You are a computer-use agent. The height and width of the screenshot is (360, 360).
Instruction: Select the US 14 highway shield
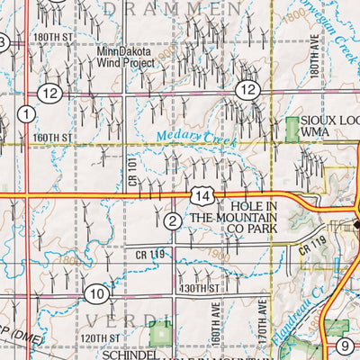[x=202, y=195]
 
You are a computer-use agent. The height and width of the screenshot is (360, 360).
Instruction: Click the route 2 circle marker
[x=173, y=220]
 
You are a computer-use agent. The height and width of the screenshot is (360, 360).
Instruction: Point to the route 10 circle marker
[x=98, y=293]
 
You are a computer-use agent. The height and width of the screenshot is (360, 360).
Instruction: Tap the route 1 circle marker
[x=26, y=113]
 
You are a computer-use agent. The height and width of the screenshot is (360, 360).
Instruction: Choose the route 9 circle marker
[x=346, y=346]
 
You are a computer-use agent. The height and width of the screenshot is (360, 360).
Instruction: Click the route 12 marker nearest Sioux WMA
[x=247, y=89]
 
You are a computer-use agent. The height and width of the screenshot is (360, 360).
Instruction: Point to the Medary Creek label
[x=188, y=138]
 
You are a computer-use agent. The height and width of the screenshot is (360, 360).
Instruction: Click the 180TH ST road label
[x=54, y=37]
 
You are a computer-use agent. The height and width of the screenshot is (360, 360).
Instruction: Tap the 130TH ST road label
[x=199, y=288]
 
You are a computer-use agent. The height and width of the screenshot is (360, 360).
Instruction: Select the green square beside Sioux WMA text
[x=291, y=127]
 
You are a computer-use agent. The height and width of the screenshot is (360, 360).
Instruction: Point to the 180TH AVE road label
[x=316, y=55]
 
